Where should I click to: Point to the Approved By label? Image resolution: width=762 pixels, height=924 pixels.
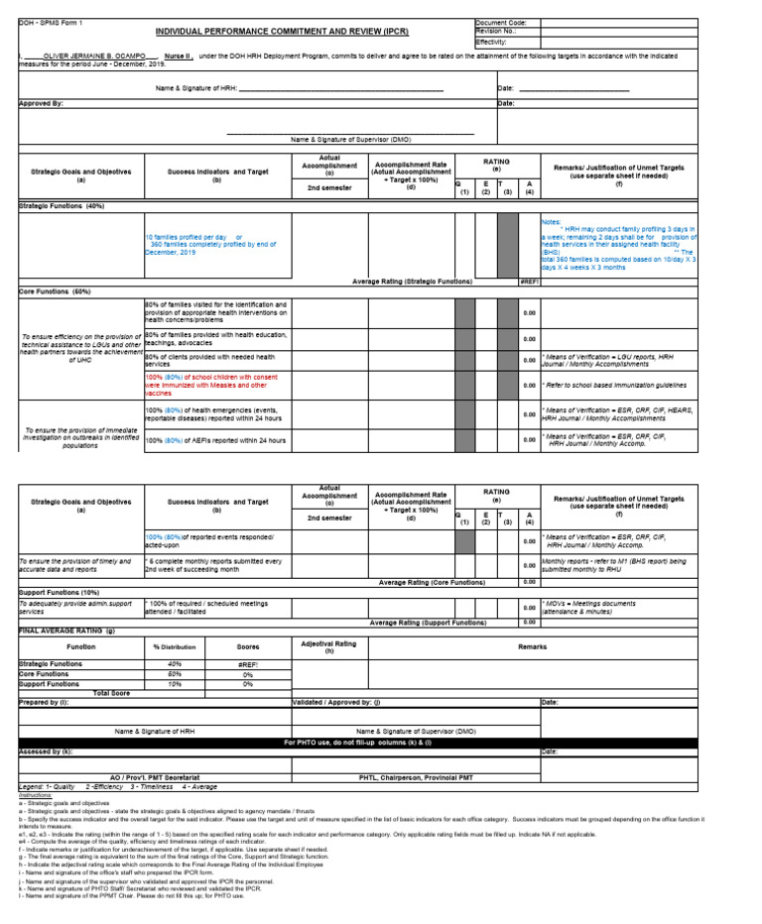pos(42,103)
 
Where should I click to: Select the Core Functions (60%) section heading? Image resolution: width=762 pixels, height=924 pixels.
pos(55,291)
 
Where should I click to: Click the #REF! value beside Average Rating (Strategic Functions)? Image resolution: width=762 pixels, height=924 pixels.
pos(529,282)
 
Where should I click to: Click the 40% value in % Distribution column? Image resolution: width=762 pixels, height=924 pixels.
pos(175,663)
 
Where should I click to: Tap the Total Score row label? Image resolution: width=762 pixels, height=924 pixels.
pos(111,692)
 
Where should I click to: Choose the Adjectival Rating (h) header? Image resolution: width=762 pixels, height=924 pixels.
pos(327,646)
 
